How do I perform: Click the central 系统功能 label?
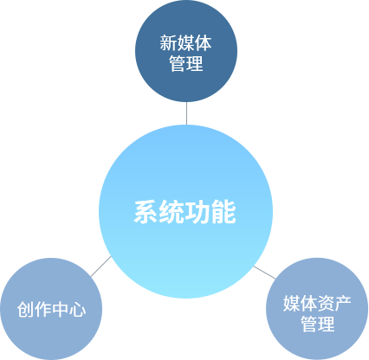tap(184, 212)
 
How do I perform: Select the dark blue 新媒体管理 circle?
tap(186, 51)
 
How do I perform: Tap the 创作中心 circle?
tap(51, 309)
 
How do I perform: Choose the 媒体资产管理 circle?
tap(317, 309)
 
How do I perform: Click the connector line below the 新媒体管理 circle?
tap(186, 113)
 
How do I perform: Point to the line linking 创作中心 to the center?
tap(100, 267)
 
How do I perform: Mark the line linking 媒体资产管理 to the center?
tap(264, 273)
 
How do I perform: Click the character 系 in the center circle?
tap(146, 212)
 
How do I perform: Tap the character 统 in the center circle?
tap(172, 212)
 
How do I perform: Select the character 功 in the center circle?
tap(197, 212)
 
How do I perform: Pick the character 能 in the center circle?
tap(223, 212)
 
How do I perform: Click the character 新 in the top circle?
tap(168, 43)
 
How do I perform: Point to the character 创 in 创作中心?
tap(25, 310)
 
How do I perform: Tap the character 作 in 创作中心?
tap(42, 310)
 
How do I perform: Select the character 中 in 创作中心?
tap(60, 310)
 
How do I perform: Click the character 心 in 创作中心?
tap(77, 310)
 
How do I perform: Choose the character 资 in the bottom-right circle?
tap(326, 304)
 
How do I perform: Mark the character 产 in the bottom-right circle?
tap(343, 304)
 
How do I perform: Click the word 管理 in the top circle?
tap(186, 63)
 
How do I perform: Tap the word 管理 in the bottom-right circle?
tap(317, 324)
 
